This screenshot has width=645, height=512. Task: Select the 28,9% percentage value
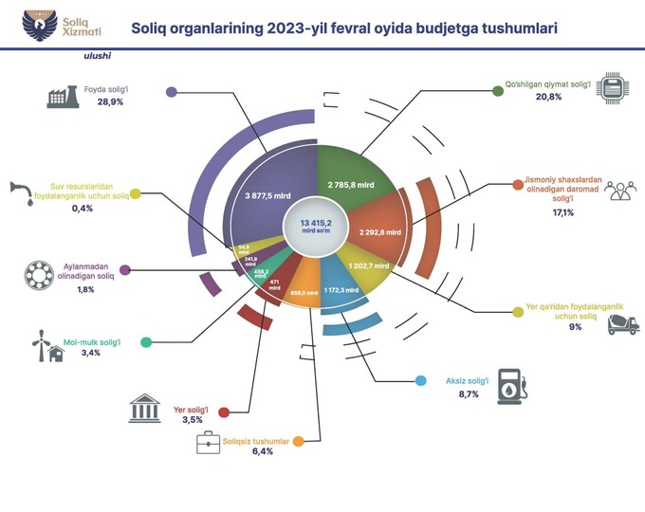(x=112, y=101)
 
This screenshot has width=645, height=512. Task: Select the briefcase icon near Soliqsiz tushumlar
(x=209, y=441)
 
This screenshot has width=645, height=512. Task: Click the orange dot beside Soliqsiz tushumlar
(x=298, y=442)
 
